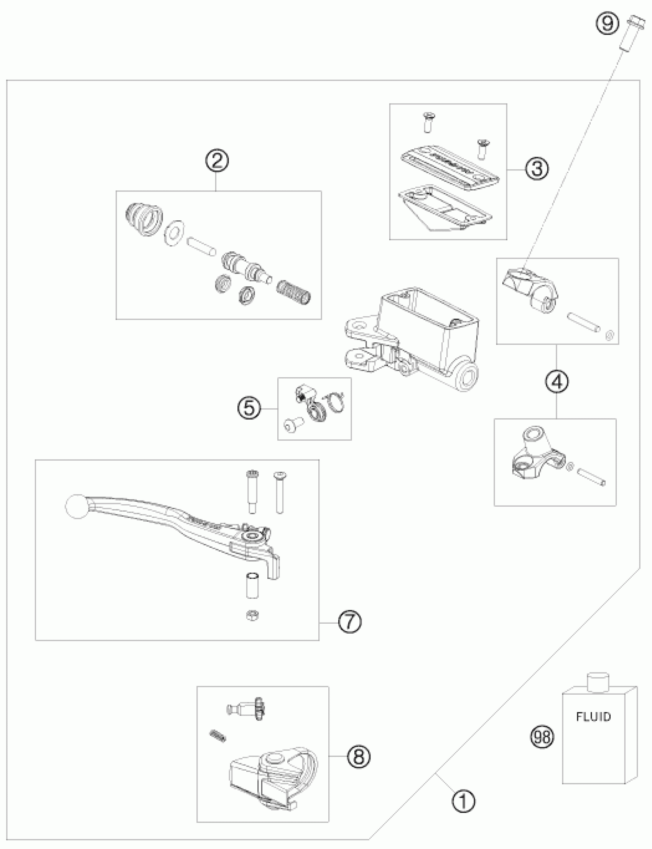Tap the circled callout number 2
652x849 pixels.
[217, 160]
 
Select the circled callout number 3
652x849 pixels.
[537, 168]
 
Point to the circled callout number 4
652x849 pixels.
[557, 382]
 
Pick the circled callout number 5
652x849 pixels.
[249, 409]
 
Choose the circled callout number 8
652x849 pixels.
[359, 756]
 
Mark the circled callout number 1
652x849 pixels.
[463, 801]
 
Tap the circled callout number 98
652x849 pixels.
[542, 737]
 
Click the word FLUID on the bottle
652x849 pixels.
[593, 717]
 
